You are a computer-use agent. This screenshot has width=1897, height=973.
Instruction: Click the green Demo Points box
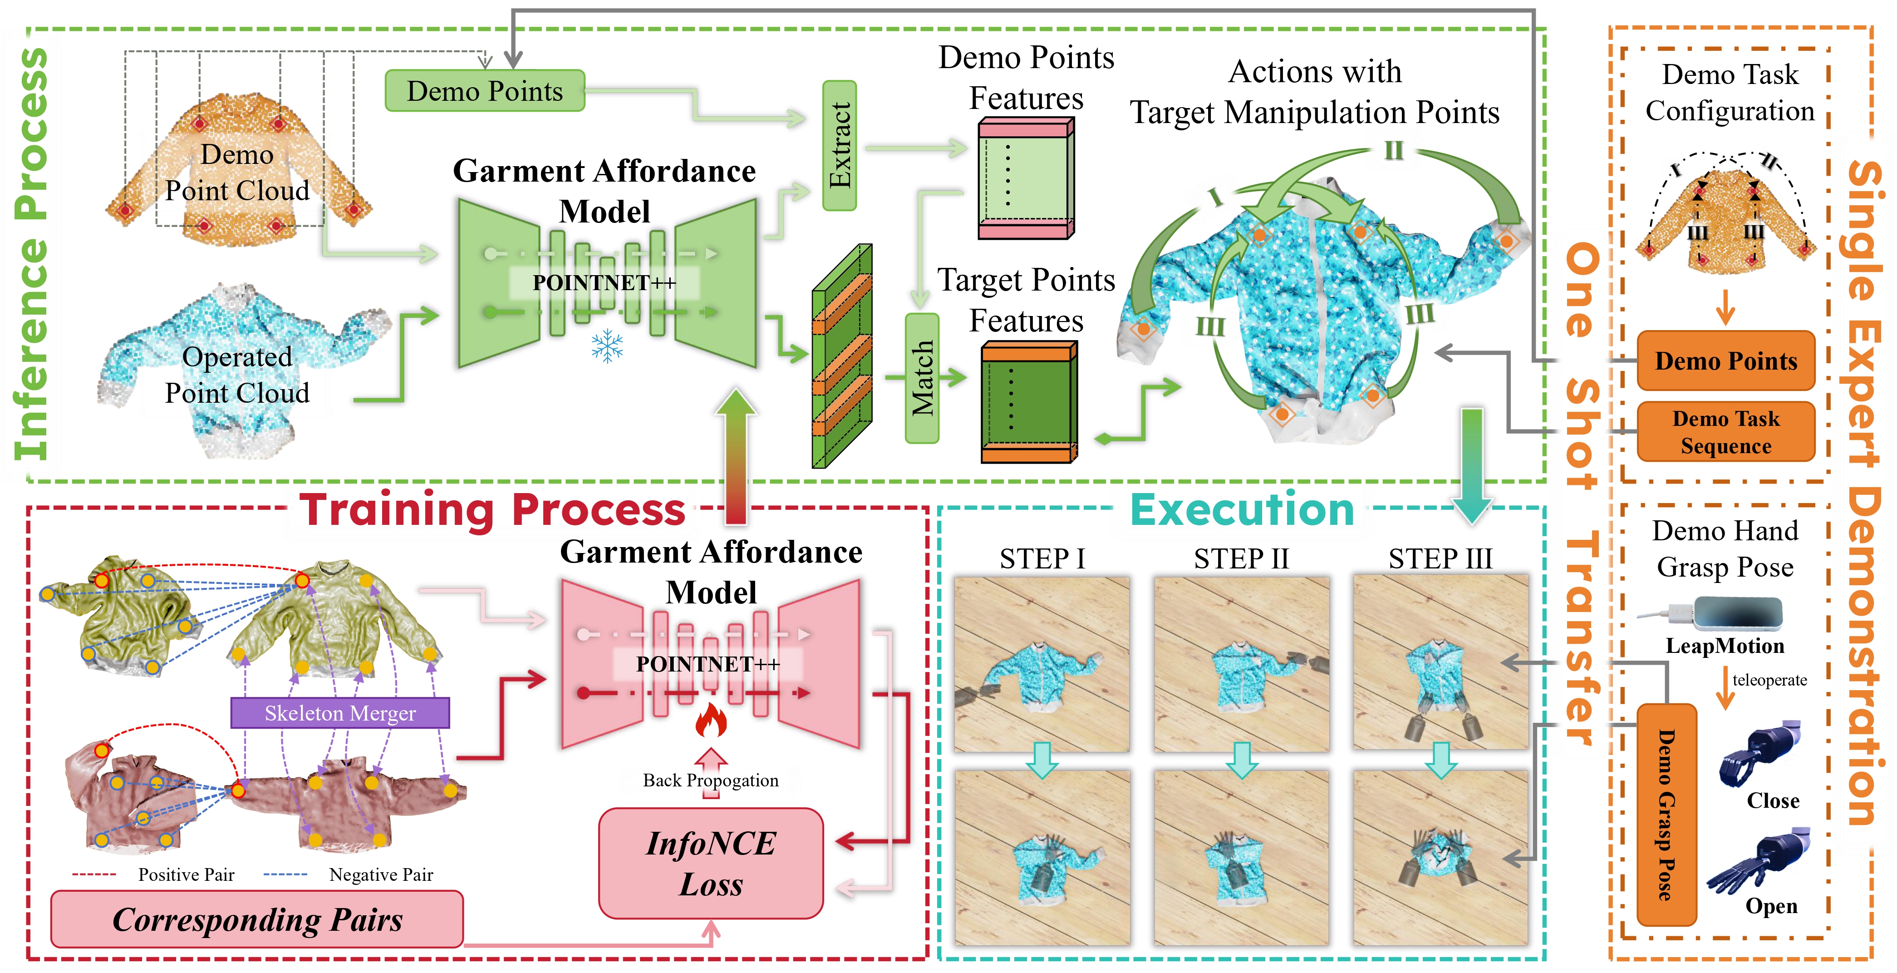coord(485,91)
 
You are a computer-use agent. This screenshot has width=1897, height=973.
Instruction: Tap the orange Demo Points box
coord(1725,361)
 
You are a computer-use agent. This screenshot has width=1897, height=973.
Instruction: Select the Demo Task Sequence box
coord(1725,432)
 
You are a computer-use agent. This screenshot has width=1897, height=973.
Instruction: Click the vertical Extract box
coord(840,146)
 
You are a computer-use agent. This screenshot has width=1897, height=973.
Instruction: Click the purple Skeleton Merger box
coord(340,713)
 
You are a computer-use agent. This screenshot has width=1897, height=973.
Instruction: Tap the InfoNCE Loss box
coord(711,863)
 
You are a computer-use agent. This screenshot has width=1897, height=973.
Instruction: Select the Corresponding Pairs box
coord(257,919)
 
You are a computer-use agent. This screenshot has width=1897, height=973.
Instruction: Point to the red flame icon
coord(711,720)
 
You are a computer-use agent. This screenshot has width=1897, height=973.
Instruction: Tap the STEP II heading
coord(1242,558)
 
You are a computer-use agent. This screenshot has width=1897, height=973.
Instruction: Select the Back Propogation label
coord(711,780)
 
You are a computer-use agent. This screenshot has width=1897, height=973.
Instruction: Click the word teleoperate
coord(1769,680)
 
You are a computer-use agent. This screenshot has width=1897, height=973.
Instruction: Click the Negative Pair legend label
coord(381,874)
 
